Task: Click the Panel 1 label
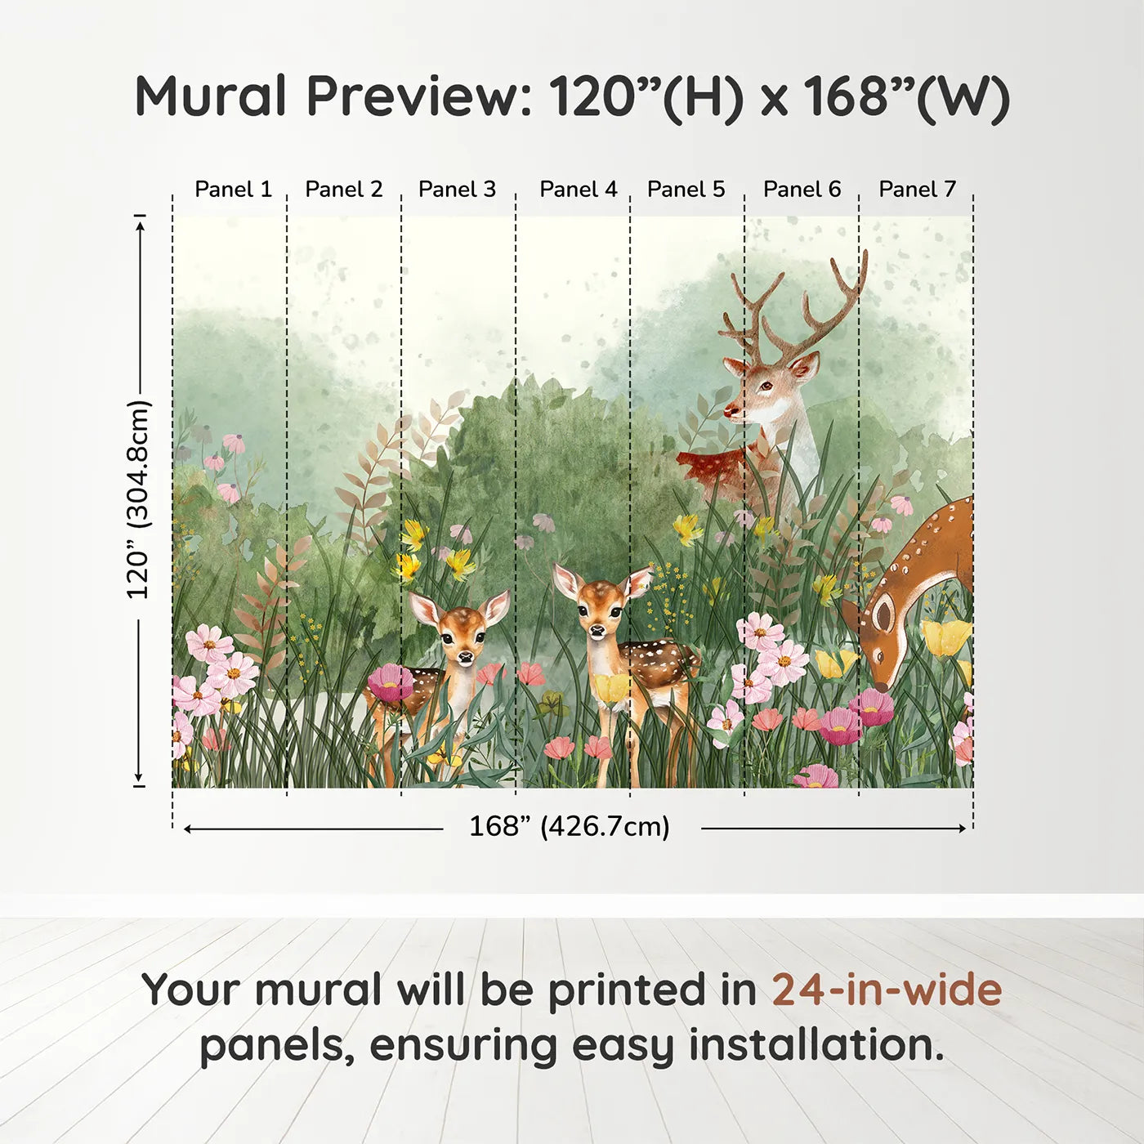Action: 233,190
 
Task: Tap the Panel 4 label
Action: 579,190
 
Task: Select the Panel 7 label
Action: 917,190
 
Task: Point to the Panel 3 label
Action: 457,190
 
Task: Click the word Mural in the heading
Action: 211,96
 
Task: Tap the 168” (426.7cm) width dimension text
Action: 570,827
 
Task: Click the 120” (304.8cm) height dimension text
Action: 138,499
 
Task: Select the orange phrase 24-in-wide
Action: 887,990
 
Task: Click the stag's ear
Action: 804,367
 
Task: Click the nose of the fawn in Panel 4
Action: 597,631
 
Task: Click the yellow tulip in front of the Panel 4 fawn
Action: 611,688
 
